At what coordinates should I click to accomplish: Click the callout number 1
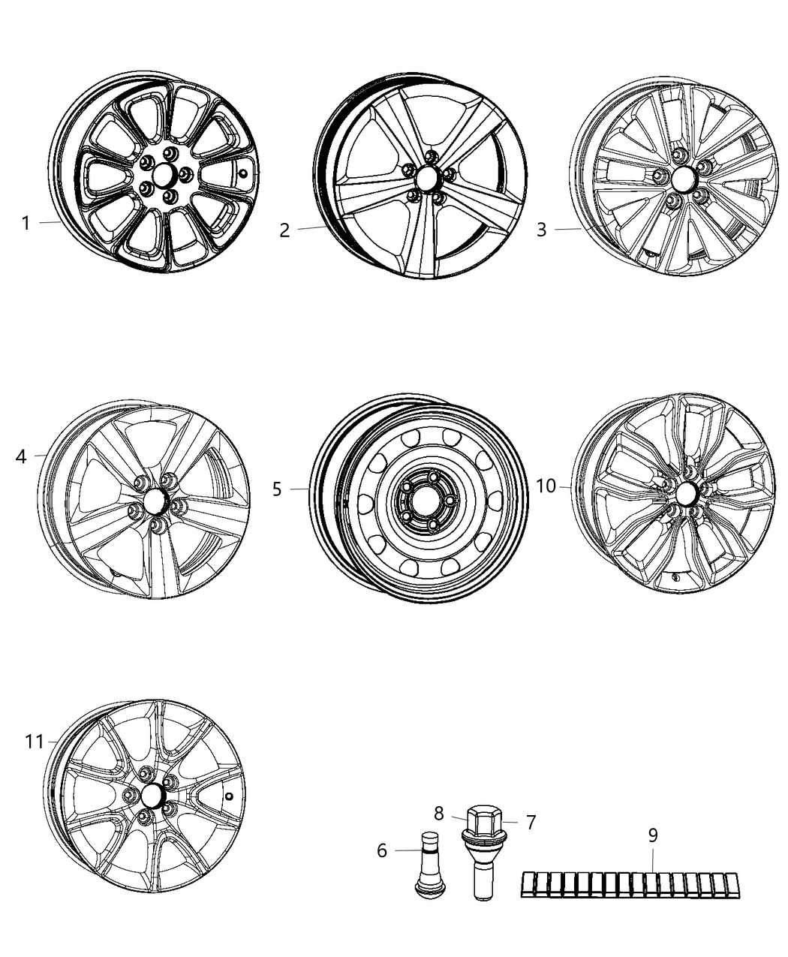click(26, 223)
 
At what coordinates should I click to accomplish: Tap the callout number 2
click(284, 230)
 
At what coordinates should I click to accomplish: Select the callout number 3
click(541, 230)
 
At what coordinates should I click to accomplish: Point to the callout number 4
click(21, 456)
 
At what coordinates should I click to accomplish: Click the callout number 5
click(277, 489)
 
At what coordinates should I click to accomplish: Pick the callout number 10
click(546, 486)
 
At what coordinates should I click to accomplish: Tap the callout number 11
click(34, 742)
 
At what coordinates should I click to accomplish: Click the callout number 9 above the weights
click(652, 835)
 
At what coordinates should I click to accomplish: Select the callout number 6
click(382, 850)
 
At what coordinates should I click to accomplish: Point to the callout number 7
click(531, 823)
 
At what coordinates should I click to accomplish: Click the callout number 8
click(438, 812)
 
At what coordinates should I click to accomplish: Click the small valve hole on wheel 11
click(230, 796)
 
